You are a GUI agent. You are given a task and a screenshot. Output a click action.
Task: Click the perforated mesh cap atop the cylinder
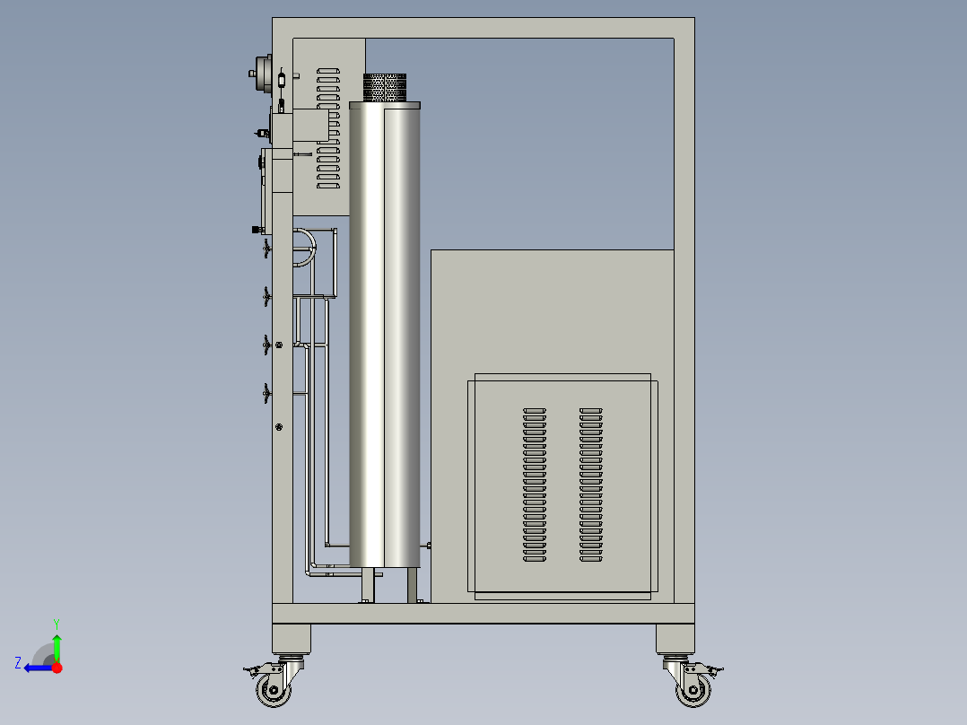385,88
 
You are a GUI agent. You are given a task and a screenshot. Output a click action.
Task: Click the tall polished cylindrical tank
385,335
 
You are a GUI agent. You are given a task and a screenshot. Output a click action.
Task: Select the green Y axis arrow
57,648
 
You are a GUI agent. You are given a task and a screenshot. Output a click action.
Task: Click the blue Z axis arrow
39,668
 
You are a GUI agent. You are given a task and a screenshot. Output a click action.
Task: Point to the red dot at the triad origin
57,668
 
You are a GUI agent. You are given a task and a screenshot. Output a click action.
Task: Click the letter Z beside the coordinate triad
18,663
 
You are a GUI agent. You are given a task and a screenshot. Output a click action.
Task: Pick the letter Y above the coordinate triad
57,624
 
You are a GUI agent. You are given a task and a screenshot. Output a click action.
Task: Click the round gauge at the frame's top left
264,74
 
